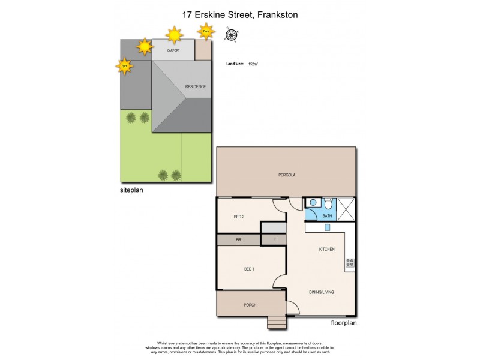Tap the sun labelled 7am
click(x=206, y=31)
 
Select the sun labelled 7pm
click(x=124, y=65)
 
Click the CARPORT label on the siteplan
click(x=173, y=50)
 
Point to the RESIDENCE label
click(x=195, y=86)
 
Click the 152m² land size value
click(x=253, y=62)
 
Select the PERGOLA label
click(x=287, y=175)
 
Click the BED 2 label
click(x=238, y=217)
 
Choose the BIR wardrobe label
click(x=238, y=239)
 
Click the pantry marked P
click(x=274, y=239)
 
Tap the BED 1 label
click(x=249, y=268)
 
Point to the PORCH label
click(x=250, y=305)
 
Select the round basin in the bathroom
click(x=313, y=203)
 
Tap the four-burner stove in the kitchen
click(x=350, y=262)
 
